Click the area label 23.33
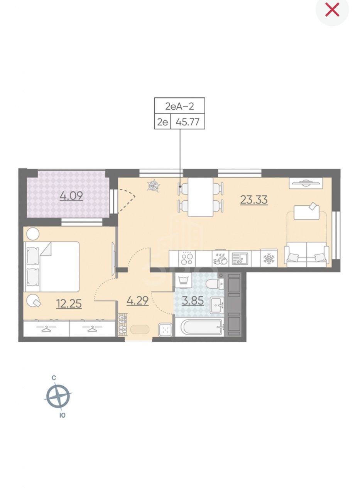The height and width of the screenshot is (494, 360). pyautogui.click(x=254, y=200)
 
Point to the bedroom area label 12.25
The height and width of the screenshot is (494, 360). pyautogui.click(x=69, y=304)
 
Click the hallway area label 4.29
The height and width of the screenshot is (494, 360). pyautogui.click(x=137, y=301)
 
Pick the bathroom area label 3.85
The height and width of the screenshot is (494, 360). pyautogui.click(x=193, y=301)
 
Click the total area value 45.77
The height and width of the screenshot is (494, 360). pyautogui.click(x=188, y=122)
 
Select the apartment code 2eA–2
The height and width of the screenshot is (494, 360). pyautogui.click(x=179, y=106)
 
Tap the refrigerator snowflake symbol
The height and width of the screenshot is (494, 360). pyautogui.click(x=269, y=258)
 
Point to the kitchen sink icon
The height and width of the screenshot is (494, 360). pyautogui.click(x=240, y=259)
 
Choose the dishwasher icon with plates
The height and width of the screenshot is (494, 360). pyautogui.click(x=220, y=259)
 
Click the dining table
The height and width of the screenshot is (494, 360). pyautogui.click(x=200, y=197)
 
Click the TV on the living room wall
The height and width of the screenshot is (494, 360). pyautogui.click(x=306, y=183)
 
